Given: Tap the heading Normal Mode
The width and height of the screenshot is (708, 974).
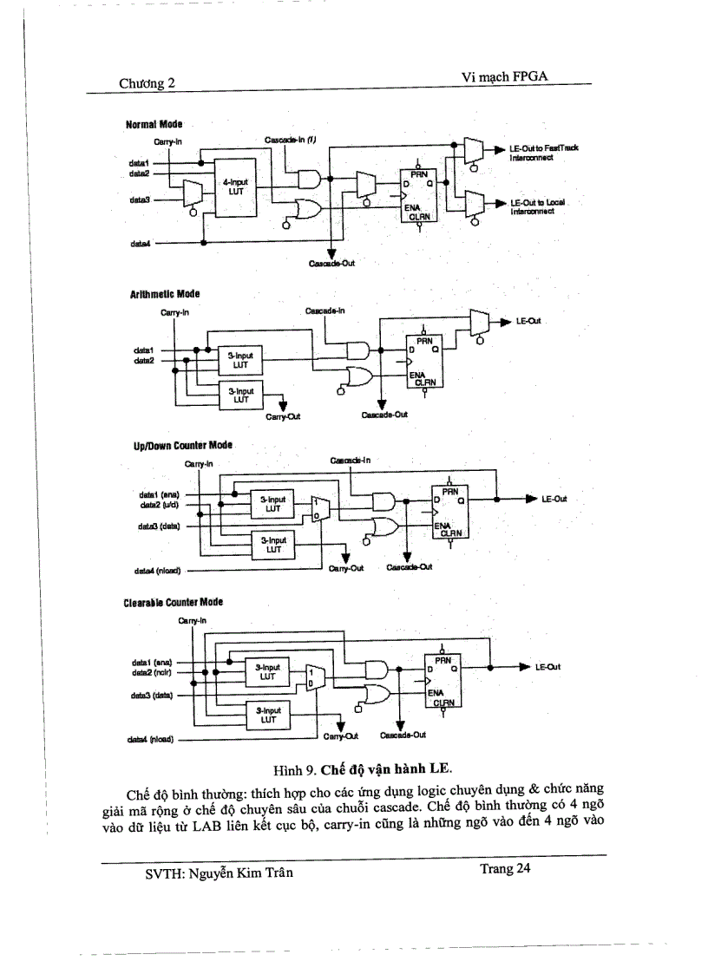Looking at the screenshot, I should (154, 125).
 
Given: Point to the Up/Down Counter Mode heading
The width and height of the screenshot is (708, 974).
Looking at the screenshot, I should (181, 445).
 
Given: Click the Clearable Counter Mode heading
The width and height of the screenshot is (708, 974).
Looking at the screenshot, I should (174, 601).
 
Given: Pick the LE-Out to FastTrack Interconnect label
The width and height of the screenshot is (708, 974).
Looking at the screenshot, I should (544, 153).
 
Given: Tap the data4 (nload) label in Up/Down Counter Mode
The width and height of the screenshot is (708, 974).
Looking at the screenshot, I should (156, 571).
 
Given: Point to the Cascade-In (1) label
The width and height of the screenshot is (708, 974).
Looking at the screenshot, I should (291, 140).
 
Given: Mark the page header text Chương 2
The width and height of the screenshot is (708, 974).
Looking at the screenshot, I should (147, 83).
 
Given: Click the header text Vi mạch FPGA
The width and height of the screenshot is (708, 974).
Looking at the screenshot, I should (506, 78).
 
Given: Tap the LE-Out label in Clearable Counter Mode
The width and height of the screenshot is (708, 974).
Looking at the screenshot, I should (548, 666).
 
